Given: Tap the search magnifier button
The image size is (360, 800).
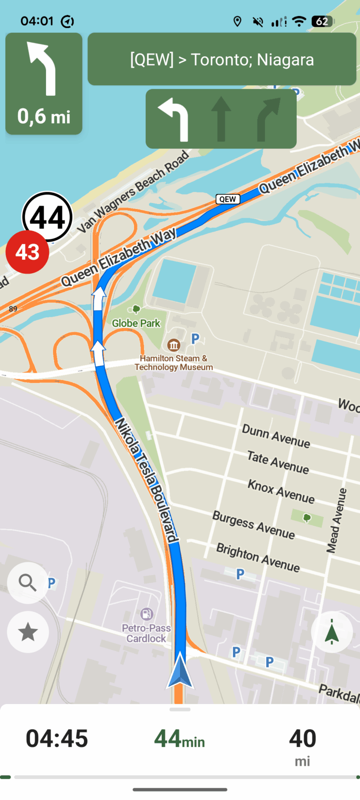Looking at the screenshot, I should coord(28,583).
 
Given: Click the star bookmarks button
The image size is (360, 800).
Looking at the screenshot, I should coord(28,632).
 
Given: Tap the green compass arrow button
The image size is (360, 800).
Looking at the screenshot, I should coord(332,631).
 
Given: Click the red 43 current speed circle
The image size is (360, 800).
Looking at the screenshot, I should coord(27,252).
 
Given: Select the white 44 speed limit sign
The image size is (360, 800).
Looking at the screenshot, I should coord(48,217).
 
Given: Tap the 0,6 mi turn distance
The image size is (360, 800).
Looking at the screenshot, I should coord(44,116).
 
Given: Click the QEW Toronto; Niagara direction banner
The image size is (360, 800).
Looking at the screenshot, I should coord(222,60).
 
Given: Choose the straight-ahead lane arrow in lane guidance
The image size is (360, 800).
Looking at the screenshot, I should coord(221,119).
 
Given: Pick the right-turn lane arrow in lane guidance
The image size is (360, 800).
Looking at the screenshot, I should coord(269,119).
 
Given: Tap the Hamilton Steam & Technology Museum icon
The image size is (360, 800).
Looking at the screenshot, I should coord(174,345).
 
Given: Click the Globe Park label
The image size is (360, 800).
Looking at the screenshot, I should coord(136,323).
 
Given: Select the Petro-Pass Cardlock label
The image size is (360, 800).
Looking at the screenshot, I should coord(146,633).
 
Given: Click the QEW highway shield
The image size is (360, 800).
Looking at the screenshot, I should coord(228,199).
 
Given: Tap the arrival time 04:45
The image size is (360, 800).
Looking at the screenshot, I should coord(57,739).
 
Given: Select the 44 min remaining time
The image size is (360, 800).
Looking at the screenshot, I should coord(180,739).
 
